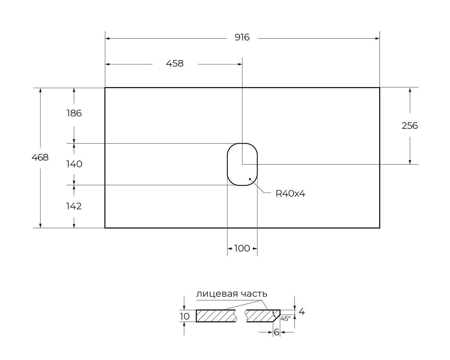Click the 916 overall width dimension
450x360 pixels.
click(242, 37)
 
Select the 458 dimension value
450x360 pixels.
click(175, 63)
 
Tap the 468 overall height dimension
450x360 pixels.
click(40, 157)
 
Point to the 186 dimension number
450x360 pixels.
click(74, 113)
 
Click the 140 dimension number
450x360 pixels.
click(74, 164)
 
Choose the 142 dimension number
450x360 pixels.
click(74, 206)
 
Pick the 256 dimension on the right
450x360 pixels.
click(409, 126)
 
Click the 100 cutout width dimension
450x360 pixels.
click(242, 249)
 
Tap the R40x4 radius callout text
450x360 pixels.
click(291, 194)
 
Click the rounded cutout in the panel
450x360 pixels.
click(228, 164)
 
